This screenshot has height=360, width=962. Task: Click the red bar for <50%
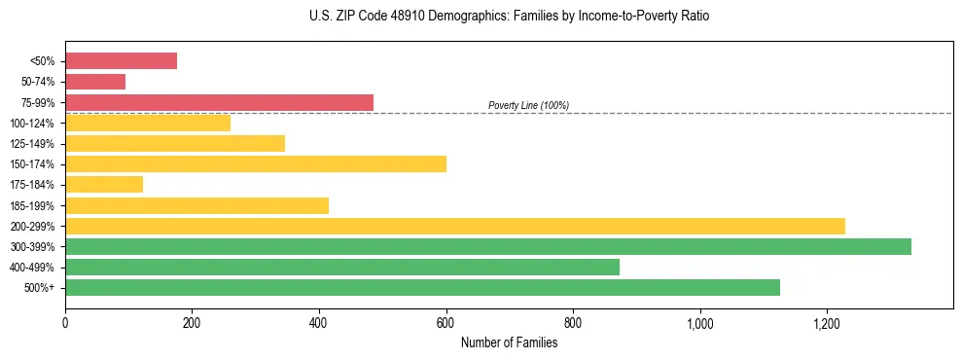[121, 61]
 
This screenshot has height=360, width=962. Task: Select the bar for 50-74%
[95, 82]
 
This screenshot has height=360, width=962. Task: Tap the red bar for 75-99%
[219, 102]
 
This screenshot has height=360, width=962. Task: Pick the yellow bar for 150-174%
[256, 163]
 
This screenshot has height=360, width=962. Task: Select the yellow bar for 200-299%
[455, 226]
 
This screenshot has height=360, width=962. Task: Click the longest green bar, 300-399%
[488, 246]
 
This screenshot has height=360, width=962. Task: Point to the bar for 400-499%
[342, 267]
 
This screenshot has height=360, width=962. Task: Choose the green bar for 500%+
[422, 287]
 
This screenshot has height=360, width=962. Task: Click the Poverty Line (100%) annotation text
[528, 105]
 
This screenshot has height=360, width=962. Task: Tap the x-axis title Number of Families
[509, 342]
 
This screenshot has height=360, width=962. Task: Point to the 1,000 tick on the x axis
[699, 322]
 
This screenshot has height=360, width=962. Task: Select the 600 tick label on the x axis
[445, 322]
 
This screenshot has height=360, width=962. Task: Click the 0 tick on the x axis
[65, 322]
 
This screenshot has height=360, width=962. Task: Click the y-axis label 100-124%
[33, 124]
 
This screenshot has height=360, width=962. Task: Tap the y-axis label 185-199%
[33, 205]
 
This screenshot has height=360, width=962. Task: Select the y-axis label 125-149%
[33, 144]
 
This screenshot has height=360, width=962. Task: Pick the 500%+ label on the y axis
[40, 288]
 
